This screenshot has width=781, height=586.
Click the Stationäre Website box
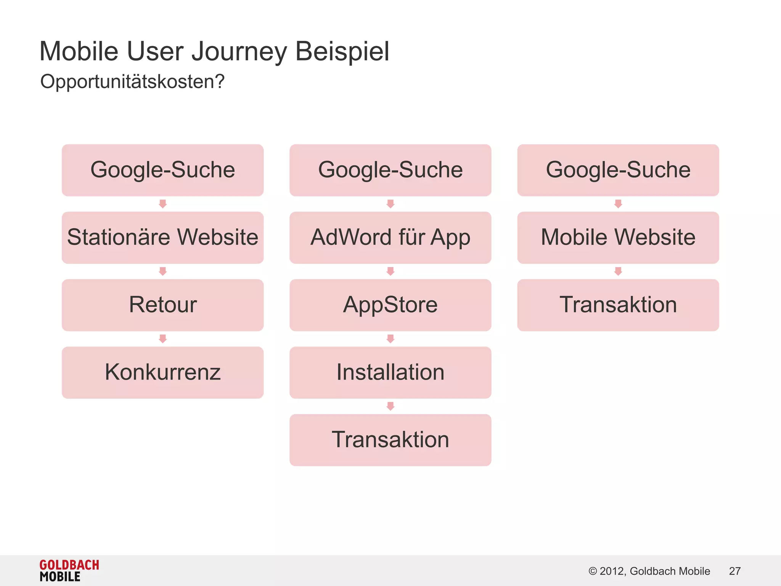[162, 237]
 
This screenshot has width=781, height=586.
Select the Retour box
[162, 305]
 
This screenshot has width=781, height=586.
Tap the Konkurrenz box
[162, 372]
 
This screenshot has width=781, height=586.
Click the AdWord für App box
[390, 237]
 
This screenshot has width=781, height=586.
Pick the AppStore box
[390, 305]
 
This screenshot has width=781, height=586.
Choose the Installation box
[390, 372]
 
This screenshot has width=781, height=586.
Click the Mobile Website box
[618, 237]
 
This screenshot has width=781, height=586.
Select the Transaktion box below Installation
[390, 440]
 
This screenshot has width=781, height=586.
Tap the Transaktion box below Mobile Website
[618, 305]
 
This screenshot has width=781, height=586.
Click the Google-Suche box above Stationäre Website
[162, 170]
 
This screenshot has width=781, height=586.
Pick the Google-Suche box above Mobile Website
[618, 170]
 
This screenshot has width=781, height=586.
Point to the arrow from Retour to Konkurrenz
[163, 339]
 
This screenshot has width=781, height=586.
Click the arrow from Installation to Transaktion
[390, 406]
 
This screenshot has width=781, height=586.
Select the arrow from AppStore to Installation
[390, 339]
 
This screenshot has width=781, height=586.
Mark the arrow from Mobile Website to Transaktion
[618, 271]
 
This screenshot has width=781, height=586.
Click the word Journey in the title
[239, 52]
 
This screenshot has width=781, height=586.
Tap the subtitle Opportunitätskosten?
[132, 82]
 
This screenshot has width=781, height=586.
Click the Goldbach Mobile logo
[69, 570]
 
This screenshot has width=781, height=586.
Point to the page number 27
[734, 571]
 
